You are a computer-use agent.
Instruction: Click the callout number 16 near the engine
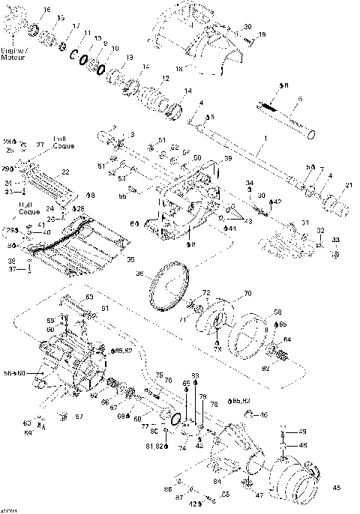(48, 10)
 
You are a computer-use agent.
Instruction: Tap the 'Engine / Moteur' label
(14, 53)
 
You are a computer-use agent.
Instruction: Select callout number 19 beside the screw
(262, 34)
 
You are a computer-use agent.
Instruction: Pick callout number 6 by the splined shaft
(300, 98)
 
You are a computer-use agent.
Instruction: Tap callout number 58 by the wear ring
(277, 312)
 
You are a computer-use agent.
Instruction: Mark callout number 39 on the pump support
(228, 159)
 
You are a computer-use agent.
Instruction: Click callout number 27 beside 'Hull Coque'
(40, 144)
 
